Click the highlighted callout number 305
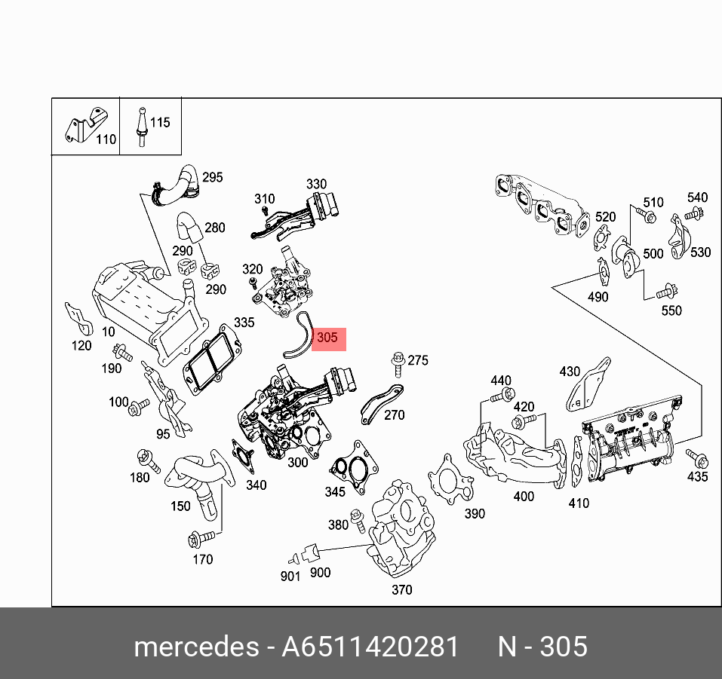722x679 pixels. [x=327, y=338]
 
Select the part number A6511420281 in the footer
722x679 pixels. [x=370, y=647]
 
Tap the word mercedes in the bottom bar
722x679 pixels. [x=195, y=647]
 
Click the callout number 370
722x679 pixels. [x=402, y=590]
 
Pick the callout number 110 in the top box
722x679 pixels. [x=106, y=139]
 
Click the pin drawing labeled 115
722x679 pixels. [x=140, y=126]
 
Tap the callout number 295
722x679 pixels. [x=213, y=178]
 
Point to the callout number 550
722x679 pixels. [x=671, y=310]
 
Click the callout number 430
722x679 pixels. [x=570, y=371]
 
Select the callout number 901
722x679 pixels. [x=290, y=577]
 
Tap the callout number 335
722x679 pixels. [x=244, y=323]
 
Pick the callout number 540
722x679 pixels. [x=697, y=198]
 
